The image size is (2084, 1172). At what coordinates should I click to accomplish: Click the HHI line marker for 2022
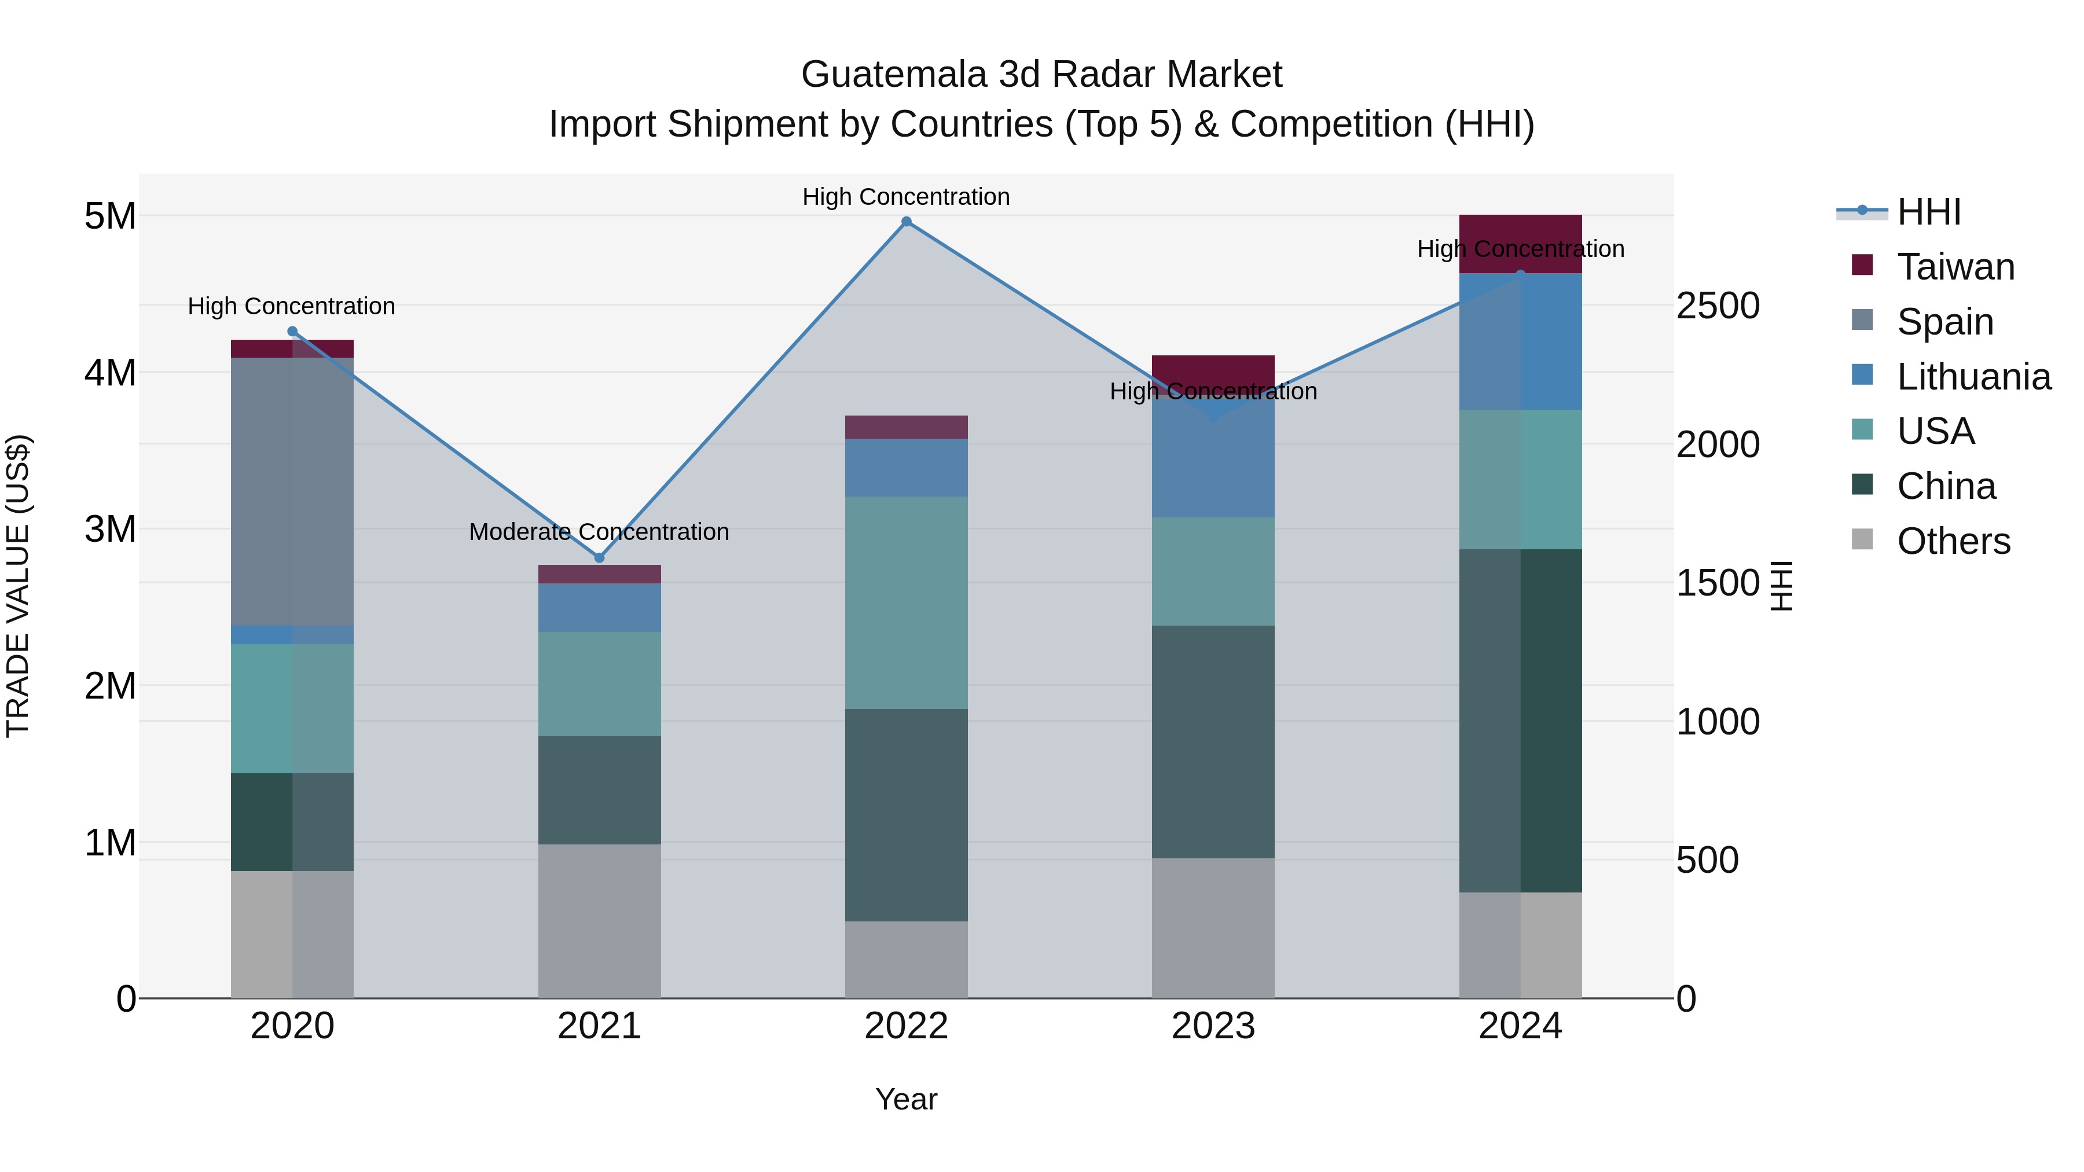906,222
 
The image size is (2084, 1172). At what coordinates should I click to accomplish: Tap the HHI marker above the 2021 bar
600,558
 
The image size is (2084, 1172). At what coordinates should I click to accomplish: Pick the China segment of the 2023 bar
1213,742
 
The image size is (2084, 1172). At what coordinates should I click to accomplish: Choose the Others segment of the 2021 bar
600,921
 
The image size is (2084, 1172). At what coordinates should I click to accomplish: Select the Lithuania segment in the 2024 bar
1520,341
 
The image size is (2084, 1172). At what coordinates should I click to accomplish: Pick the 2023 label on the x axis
1213,1026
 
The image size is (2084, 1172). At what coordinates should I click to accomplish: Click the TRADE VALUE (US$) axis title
18,586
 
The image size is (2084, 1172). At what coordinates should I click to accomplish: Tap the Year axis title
906,1099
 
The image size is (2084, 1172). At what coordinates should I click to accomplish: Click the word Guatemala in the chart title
894,75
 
